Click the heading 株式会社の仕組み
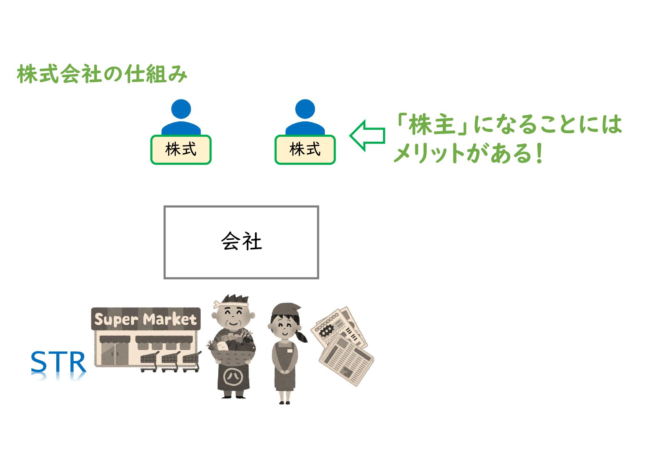tap(102, 74)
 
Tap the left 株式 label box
tap(181, 150)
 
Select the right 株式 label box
tap(305, 150)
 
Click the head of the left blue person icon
tap(181, 109)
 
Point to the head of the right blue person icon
tap(305, 109)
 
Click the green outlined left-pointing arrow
tap(367, 136)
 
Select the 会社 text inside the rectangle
tap(241, 242)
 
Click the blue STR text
tap(58, 362)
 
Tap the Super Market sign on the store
tap(146, 319)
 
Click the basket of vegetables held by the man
tap(231, 350)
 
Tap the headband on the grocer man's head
tap(230, 304)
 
